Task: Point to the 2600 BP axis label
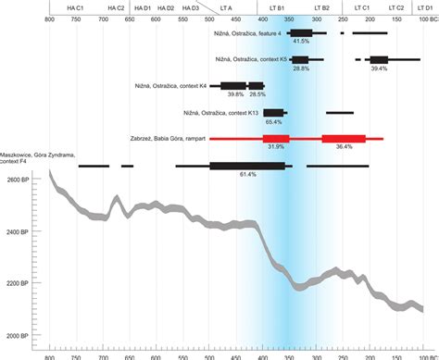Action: (19, 180)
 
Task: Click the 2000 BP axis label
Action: (19, 335)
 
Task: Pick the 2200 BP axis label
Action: (19, 283)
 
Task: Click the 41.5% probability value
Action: (300, 42)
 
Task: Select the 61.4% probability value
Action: (247, 174)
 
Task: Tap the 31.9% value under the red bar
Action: (275, 146)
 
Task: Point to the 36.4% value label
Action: (344, 146)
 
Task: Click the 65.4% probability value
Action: (273, 120)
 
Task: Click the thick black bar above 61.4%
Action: (247, 166)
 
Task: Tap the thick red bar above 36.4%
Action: (344, 138)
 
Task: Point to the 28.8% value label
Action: (300, 68)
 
